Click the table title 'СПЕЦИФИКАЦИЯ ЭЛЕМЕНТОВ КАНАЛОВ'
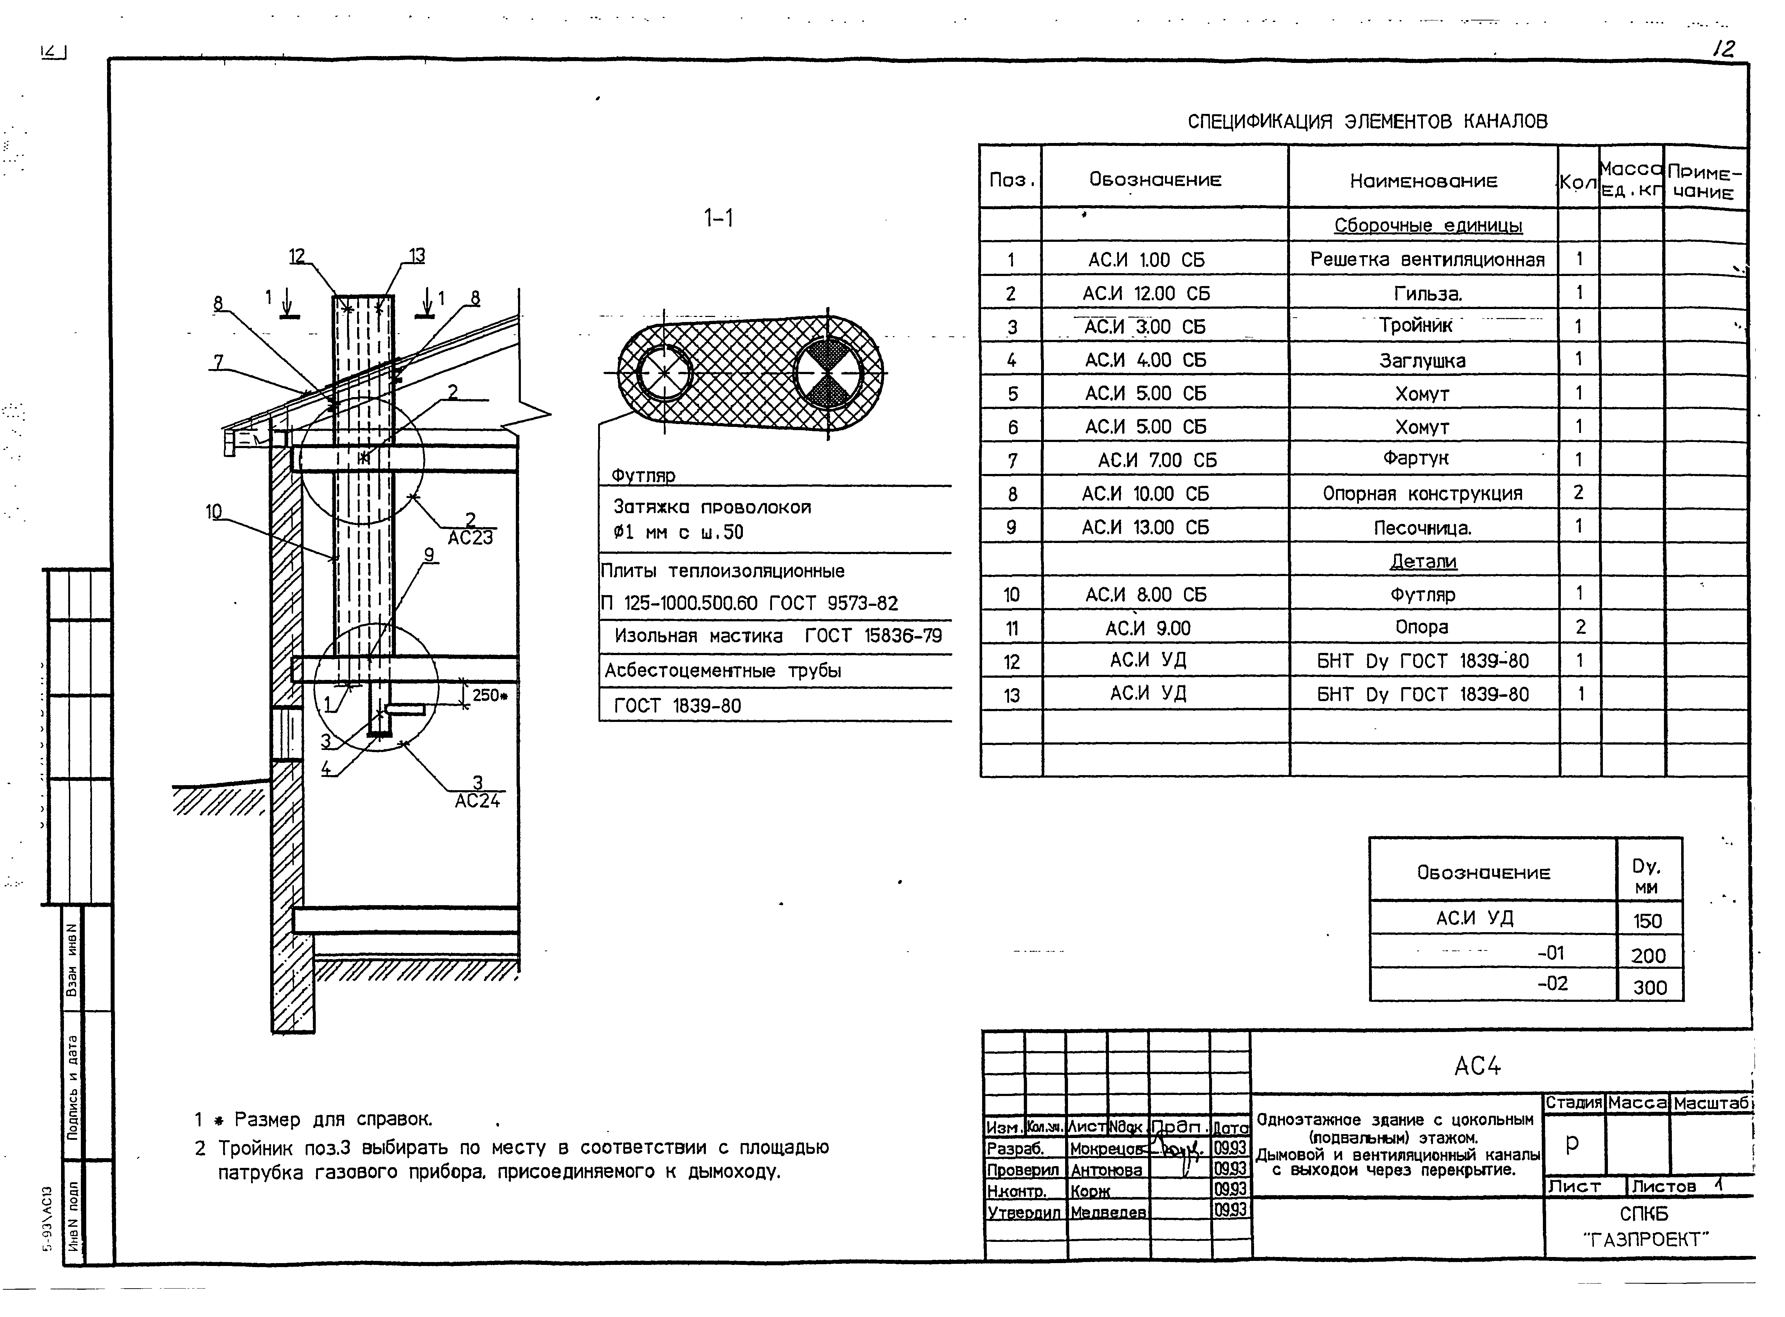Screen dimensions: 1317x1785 point(1368,122)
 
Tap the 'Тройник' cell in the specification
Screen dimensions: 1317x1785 point(1416,326)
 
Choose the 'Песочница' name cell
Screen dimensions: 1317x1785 point(1423,528)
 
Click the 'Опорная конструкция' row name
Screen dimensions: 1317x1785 point(1423,494)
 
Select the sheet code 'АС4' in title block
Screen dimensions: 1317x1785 point(1478,1066)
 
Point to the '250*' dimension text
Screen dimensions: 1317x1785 point(489,695)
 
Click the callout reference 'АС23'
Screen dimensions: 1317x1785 point(470,537)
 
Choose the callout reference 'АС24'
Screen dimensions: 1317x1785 point(477,800)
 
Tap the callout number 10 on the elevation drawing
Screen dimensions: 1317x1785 point(214,511)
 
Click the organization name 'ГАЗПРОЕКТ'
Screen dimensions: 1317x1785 point(1646,1240)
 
